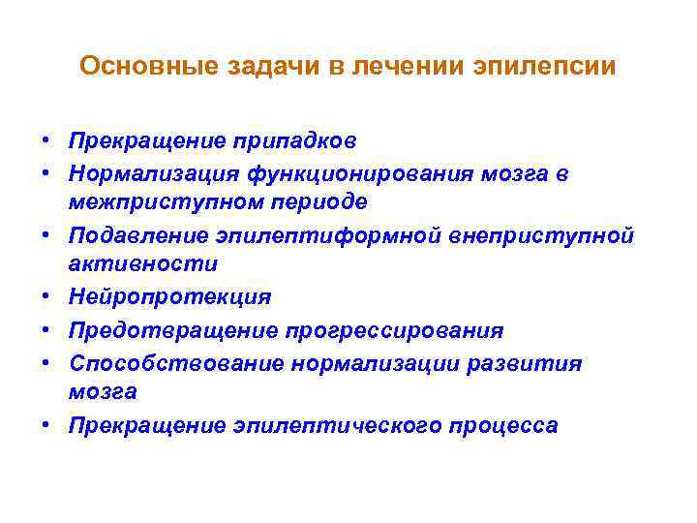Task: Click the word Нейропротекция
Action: [169, 296]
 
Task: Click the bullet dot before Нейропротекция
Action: [46, 296]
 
